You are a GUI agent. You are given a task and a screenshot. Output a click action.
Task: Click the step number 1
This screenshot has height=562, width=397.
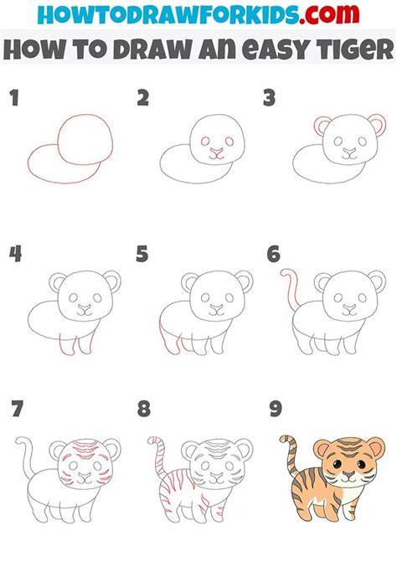click(x=14, y=98)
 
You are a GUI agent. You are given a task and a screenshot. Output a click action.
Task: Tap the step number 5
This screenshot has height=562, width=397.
click(x=142, y=254)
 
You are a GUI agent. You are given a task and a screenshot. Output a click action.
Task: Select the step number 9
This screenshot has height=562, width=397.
click(x=276, y=409)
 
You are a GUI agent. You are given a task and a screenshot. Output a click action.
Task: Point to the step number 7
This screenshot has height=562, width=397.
click(x=17, y=409)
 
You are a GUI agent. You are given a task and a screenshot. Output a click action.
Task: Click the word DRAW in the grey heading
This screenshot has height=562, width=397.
click(x=153, y=49)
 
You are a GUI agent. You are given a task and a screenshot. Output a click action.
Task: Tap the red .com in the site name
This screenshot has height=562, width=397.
click(x=329, y=13)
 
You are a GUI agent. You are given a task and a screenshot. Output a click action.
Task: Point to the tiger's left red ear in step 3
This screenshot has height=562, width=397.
click(x=322, y=126)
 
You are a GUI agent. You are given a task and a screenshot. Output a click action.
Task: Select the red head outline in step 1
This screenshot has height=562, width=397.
click(x=85, y=139)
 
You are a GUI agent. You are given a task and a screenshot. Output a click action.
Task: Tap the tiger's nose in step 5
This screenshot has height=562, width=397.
click(x=216, y=307)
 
